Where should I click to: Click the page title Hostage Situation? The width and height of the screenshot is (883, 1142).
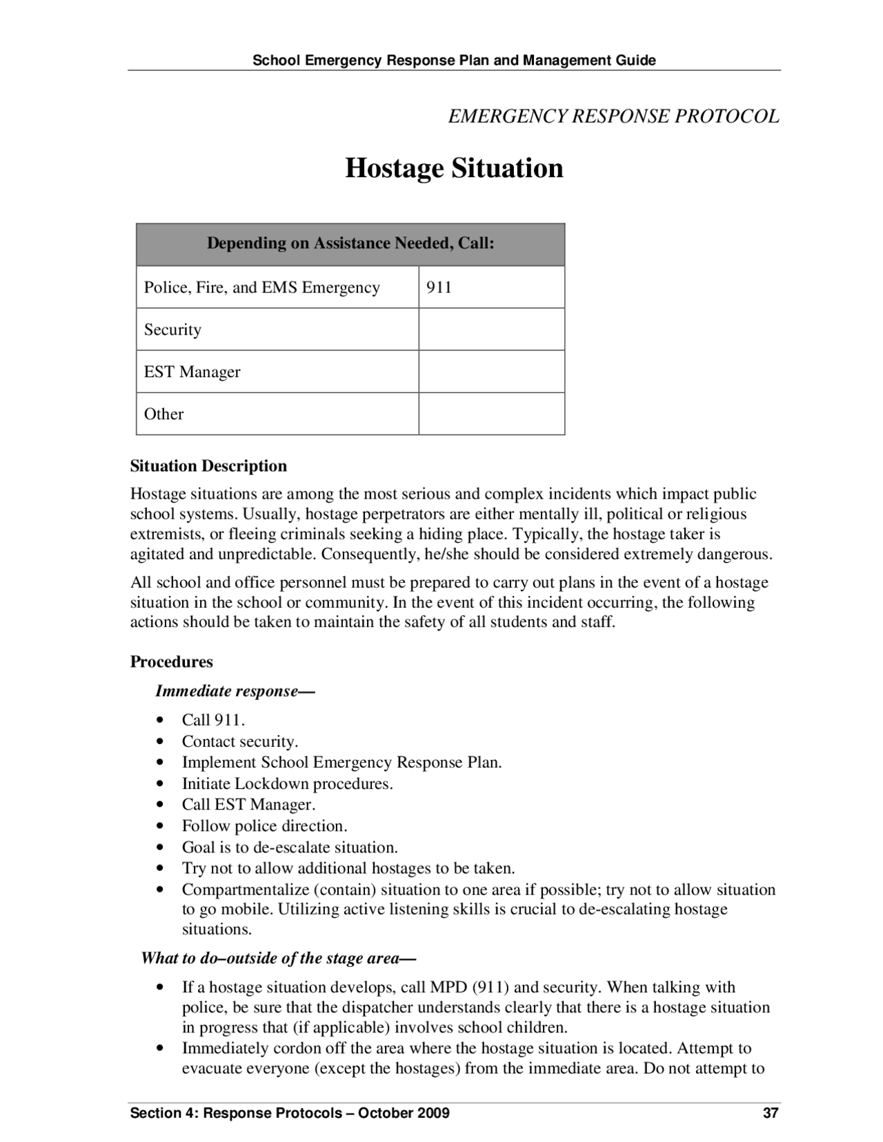click(x=454, y=168)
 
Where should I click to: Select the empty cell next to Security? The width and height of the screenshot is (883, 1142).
click(x=491, y=330)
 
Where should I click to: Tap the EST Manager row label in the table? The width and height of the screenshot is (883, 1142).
click(x=192, y=372)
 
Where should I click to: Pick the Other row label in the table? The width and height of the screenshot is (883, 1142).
click(x=163, y=414)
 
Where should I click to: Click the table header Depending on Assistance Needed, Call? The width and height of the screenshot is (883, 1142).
click(x=350, y=243)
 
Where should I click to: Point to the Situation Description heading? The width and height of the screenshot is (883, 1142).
click(x=208, y=466)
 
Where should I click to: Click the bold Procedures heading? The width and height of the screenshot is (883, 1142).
click(x=171, y=662)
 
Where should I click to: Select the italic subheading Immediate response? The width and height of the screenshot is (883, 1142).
click(x=235, y=691)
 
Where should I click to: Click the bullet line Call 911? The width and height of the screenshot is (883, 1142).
click(x=213, y=720)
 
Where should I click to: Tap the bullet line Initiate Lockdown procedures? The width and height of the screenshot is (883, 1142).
click(x=287, y=783)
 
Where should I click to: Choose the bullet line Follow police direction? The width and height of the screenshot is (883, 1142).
click(x=264, y=826)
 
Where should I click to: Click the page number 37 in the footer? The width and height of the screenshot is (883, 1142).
click(x=771, y=1113)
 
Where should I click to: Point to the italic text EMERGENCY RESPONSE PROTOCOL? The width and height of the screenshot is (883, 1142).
click(x=613, y=117)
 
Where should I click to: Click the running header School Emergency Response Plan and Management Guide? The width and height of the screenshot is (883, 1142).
click(x=454, y=60)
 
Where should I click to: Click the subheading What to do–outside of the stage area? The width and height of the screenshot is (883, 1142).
click(x=277, y=958)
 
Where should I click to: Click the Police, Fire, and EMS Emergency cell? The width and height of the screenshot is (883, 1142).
click(x=261, y=287)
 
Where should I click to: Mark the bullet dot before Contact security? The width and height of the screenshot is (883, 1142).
click(x=160, y=742)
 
